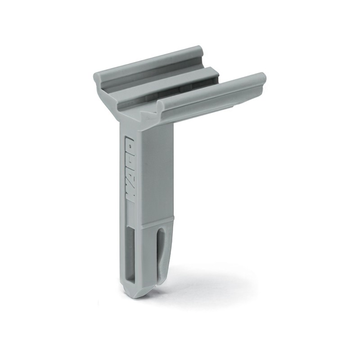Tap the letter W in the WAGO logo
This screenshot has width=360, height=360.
coord(129,196)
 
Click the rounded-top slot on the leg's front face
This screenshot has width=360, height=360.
coord(161,248)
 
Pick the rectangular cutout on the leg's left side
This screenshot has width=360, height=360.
coord(130,252)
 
